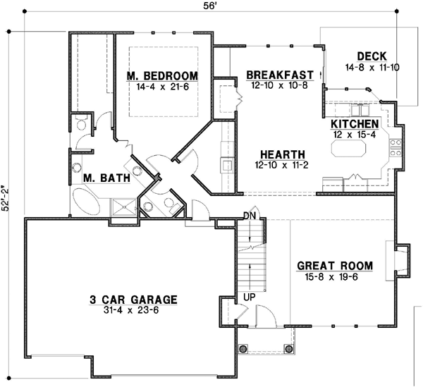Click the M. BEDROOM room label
162,76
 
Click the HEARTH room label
282,155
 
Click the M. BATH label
106,178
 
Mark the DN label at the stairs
248,215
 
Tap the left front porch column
244,348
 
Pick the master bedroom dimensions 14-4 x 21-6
162,87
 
